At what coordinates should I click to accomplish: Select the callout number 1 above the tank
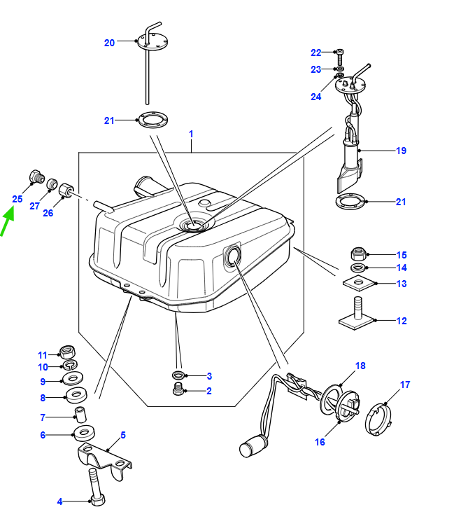click(x=191, y=134)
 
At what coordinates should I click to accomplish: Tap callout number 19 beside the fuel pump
click(x=401, y=151)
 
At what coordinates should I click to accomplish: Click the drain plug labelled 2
click(x=178, y=389)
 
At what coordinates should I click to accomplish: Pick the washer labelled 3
click(x=178, y=375)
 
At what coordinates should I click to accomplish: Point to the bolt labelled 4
click(x=97, y=487)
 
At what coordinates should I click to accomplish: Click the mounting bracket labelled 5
click(x=104, y=461)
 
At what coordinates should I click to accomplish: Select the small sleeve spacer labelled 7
click(x=80, y=415)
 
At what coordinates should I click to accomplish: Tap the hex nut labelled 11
click(x=67, y=352)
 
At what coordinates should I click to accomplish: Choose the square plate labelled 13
click(x=360, y=284)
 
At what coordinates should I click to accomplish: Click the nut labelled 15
click(x=358, y=254)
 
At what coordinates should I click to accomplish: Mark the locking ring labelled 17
click(x=378, y=420)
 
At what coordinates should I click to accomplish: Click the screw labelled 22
click(x=340, y=57)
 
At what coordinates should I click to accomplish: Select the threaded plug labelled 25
click(x=36, y=177)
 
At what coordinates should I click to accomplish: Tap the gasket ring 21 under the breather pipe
click(x=152, y=120)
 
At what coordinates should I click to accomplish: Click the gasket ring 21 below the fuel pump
click(x=350, y=202)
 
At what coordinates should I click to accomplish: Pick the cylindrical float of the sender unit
click(x=254, y=447)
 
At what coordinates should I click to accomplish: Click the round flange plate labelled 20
click(x=152, y=42)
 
